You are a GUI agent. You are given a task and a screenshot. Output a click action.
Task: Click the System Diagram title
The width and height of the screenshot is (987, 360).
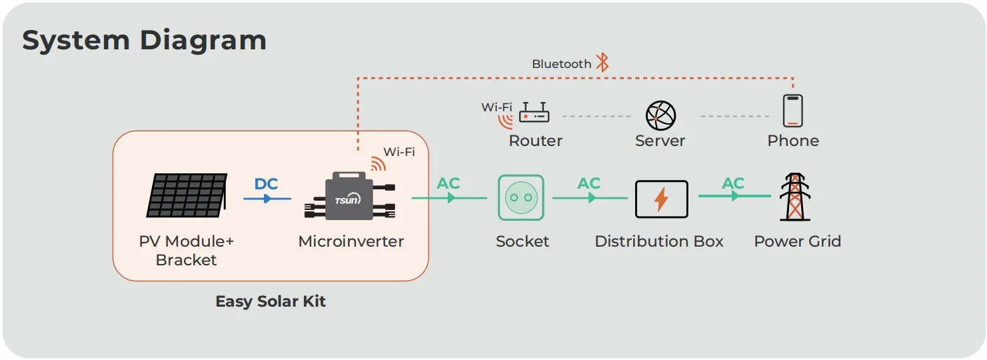(144, 40)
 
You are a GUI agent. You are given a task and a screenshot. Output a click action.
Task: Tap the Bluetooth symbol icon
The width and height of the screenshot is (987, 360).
(602, 63)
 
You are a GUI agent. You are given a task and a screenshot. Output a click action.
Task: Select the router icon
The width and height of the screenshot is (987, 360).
(534, 113)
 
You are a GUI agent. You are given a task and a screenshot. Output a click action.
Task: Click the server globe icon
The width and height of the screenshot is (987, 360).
(660, 115)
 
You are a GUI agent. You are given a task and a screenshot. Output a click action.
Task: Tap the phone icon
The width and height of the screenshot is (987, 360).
(792, 111)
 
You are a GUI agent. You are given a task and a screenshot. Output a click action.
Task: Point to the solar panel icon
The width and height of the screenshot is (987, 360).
(187, 195)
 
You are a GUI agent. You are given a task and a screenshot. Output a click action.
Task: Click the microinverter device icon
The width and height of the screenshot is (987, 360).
(349, 197)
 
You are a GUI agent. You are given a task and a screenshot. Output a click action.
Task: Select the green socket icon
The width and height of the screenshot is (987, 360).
(521, 197)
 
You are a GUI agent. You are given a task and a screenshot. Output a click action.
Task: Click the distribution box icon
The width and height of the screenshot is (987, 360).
(661, 199)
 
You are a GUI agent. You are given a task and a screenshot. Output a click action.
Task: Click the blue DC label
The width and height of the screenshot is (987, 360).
(266, 184)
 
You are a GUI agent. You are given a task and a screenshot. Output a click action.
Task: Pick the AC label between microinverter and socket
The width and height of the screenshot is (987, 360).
(449, 183)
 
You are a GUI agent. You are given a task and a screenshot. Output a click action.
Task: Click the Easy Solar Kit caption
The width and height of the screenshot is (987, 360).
(271, 301)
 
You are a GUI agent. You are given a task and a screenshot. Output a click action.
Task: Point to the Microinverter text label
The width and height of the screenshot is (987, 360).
(351, 241)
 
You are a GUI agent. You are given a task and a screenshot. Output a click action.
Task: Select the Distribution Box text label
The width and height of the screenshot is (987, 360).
(658, 241)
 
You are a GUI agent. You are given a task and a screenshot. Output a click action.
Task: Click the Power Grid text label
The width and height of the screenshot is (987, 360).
(797, 241)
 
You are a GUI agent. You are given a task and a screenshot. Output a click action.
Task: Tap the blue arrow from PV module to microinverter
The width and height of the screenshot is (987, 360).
(267, 198)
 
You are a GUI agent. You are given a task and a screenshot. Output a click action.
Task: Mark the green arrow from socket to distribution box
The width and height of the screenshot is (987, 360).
(590, 198)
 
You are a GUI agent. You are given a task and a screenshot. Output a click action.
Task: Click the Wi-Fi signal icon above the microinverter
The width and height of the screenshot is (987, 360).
(379, 163)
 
